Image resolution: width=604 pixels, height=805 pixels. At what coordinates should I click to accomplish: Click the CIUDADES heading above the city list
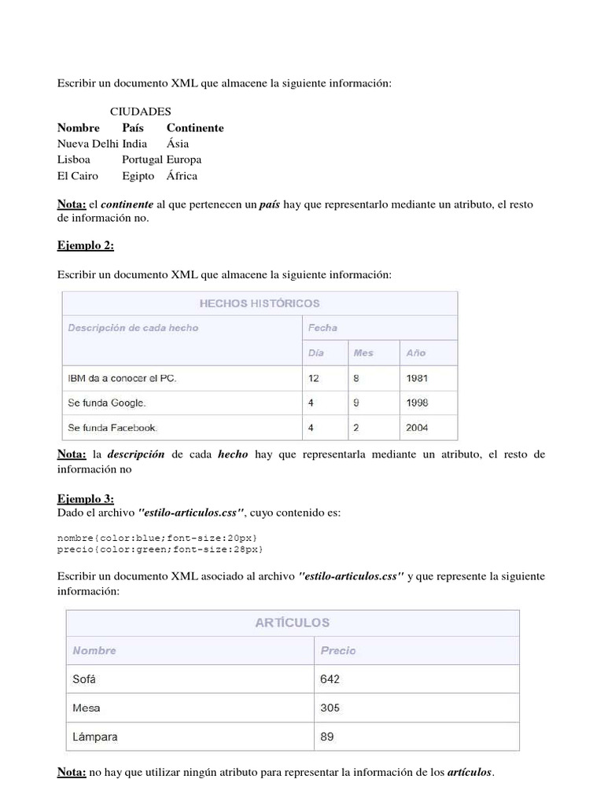pyautogui.click(x=140, y=112)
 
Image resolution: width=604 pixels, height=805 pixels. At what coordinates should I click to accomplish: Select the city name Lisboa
pyautogui.click(x=74, y=160)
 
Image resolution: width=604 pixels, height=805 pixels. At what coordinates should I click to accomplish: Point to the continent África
pyautogui.click(x=182, y=175)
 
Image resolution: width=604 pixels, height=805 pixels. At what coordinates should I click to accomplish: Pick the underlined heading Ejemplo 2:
pyautogui.click(x=86, y=245)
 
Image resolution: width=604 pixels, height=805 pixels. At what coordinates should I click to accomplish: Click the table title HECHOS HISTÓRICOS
pyautogui.click(x=260, y=303)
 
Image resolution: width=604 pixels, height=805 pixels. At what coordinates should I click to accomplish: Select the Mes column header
pyautogui.click(x=363, y=353)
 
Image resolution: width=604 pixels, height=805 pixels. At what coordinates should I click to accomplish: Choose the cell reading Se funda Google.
pyautogui.click(x=107, y=403)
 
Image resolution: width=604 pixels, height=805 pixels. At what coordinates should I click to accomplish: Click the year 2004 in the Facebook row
pyautogui.click(x=417, y=428)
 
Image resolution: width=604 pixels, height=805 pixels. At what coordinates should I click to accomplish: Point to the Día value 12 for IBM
pyautogui.click(x=314, y=378)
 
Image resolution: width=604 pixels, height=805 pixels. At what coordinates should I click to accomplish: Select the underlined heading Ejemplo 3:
pyautogui.click(x=86, y=498)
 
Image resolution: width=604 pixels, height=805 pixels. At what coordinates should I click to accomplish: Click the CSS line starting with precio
pyautogui.click(x=160, y=549)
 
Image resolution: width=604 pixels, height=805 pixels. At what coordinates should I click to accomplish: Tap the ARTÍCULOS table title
pyautogui.click(x=292, y=622)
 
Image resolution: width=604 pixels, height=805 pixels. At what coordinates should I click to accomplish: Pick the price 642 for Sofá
pyautogui.click(x=330, y=679)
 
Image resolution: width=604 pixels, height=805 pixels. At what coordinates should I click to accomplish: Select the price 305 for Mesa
pyautogui.click(x=330, y=708)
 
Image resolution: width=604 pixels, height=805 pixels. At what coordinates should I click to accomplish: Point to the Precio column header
pyautogui.click(x=338, y=650)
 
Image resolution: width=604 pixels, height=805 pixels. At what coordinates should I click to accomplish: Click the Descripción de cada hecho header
pyautogui.click(x=133, y=328)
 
